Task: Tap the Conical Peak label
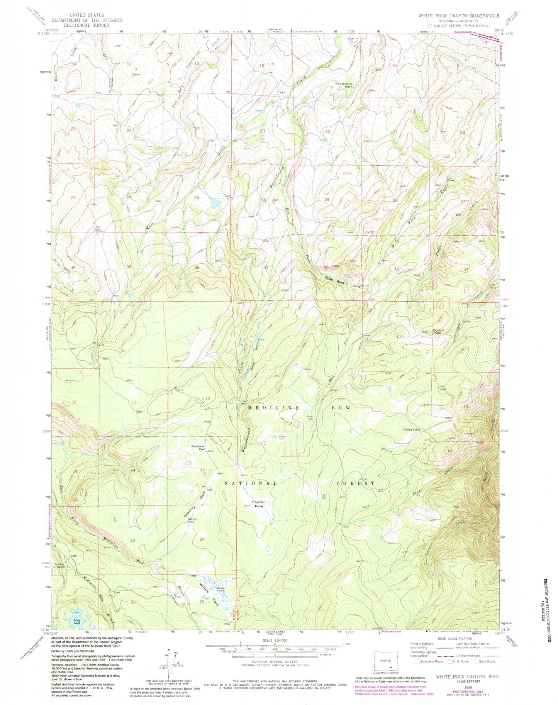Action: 438,332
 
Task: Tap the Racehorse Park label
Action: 197,448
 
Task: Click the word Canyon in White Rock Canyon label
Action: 359,286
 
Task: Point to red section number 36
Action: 197,267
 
